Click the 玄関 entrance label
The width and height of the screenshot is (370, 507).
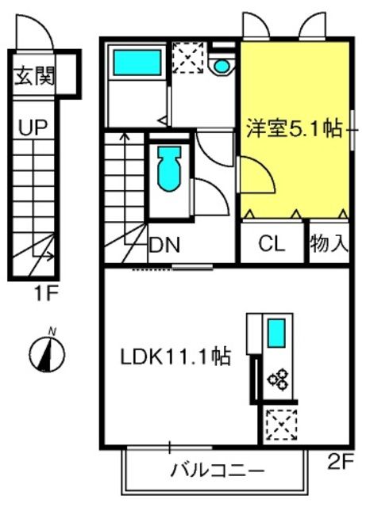[x=34, y=76]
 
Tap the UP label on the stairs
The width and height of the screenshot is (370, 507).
[x=33, y=127]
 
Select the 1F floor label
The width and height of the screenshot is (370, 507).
[x=46, y=294]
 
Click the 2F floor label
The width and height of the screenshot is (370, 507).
[x=340, y=463]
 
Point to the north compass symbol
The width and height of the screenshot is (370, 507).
[x=48, y=352]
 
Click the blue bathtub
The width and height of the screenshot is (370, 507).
[x=137, y=63]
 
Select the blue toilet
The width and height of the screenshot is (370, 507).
[x=168, y=169]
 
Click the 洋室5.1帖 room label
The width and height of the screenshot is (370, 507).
[x=295, y=128]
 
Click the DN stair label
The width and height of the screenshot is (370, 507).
[x=164, y=245]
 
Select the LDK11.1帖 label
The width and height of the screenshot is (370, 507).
[x=175, y=356]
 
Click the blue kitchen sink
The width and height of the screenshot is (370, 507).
[x=276, y=333]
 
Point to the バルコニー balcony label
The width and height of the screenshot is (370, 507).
[x=217, y=471]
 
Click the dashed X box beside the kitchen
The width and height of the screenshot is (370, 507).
[x=281, y=425]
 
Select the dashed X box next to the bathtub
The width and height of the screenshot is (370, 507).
[x=188, y=58]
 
